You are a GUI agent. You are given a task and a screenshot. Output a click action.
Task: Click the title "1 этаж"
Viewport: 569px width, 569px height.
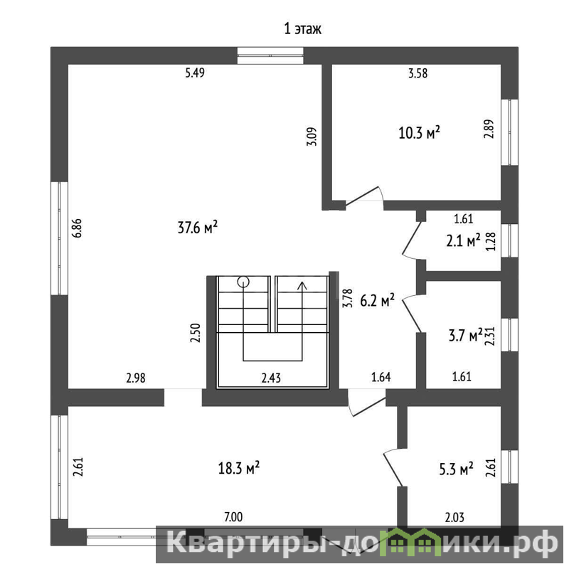coord(303,28)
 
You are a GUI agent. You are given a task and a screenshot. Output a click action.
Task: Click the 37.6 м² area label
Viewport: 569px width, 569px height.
coord(198,228)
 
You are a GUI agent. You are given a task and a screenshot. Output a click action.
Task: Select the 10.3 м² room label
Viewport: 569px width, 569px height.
coord(419,133)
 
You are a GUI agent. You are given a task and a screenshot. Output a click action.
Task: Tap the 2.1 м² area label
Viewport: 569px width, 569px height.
coord(463,240)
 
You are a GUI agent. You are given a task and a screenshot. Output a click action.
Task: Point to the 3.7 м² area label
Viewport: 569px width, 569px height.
coord(466,335)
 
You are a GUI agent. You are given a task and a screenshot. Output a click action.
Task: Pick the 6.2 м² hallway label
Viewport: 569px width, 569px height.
coord(378,300)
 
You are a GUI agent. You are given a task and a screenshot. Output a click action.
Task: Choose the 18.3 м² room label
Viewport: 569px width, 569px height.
coord(238,468)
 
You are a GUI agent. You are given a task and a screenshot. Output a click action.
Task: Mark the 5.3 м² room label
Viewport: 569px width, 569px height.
coord(456,469)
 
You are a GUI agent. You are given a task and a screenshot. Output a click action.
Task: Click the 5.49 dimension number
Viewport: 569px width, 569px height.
coord(195,73)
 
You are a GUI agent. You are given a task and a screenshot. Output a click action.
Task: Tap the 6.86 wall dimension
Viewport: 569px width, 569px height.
coord(78,228)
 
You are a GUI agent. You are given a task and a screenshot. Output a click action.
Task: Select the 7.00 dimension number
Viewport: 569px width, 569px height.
coord(233,517)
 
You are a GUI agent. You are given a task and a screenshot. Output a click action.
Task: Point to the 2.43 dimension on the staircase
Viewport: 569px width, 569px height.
coord(271,378)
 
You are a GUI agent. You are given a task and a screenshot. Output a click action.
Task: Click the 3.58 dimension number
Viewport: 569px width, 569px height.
coord(418,73)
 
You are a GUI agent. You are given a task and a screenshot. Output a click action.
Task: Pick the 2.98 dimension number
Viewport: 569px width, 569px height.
coord(136,378)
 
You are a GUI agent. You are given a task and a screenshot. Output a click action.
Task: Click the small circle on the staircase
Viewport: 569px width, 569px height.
coord(243,281)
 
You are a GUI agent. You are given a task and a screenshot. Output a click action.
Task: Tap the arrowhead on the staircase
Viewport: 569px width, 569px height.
coord(302,286)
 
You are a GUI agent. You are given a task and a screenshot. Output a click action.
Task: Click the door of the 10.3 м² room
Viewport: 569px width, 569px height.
coord(363,196)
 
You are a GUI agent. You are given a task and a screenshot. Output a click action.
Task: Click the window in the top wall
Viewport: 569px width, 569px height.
coord(270,55)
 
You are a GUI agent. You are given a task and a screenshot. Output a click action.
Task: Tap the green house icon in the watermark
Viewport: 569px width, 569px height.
coord(418,542)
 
